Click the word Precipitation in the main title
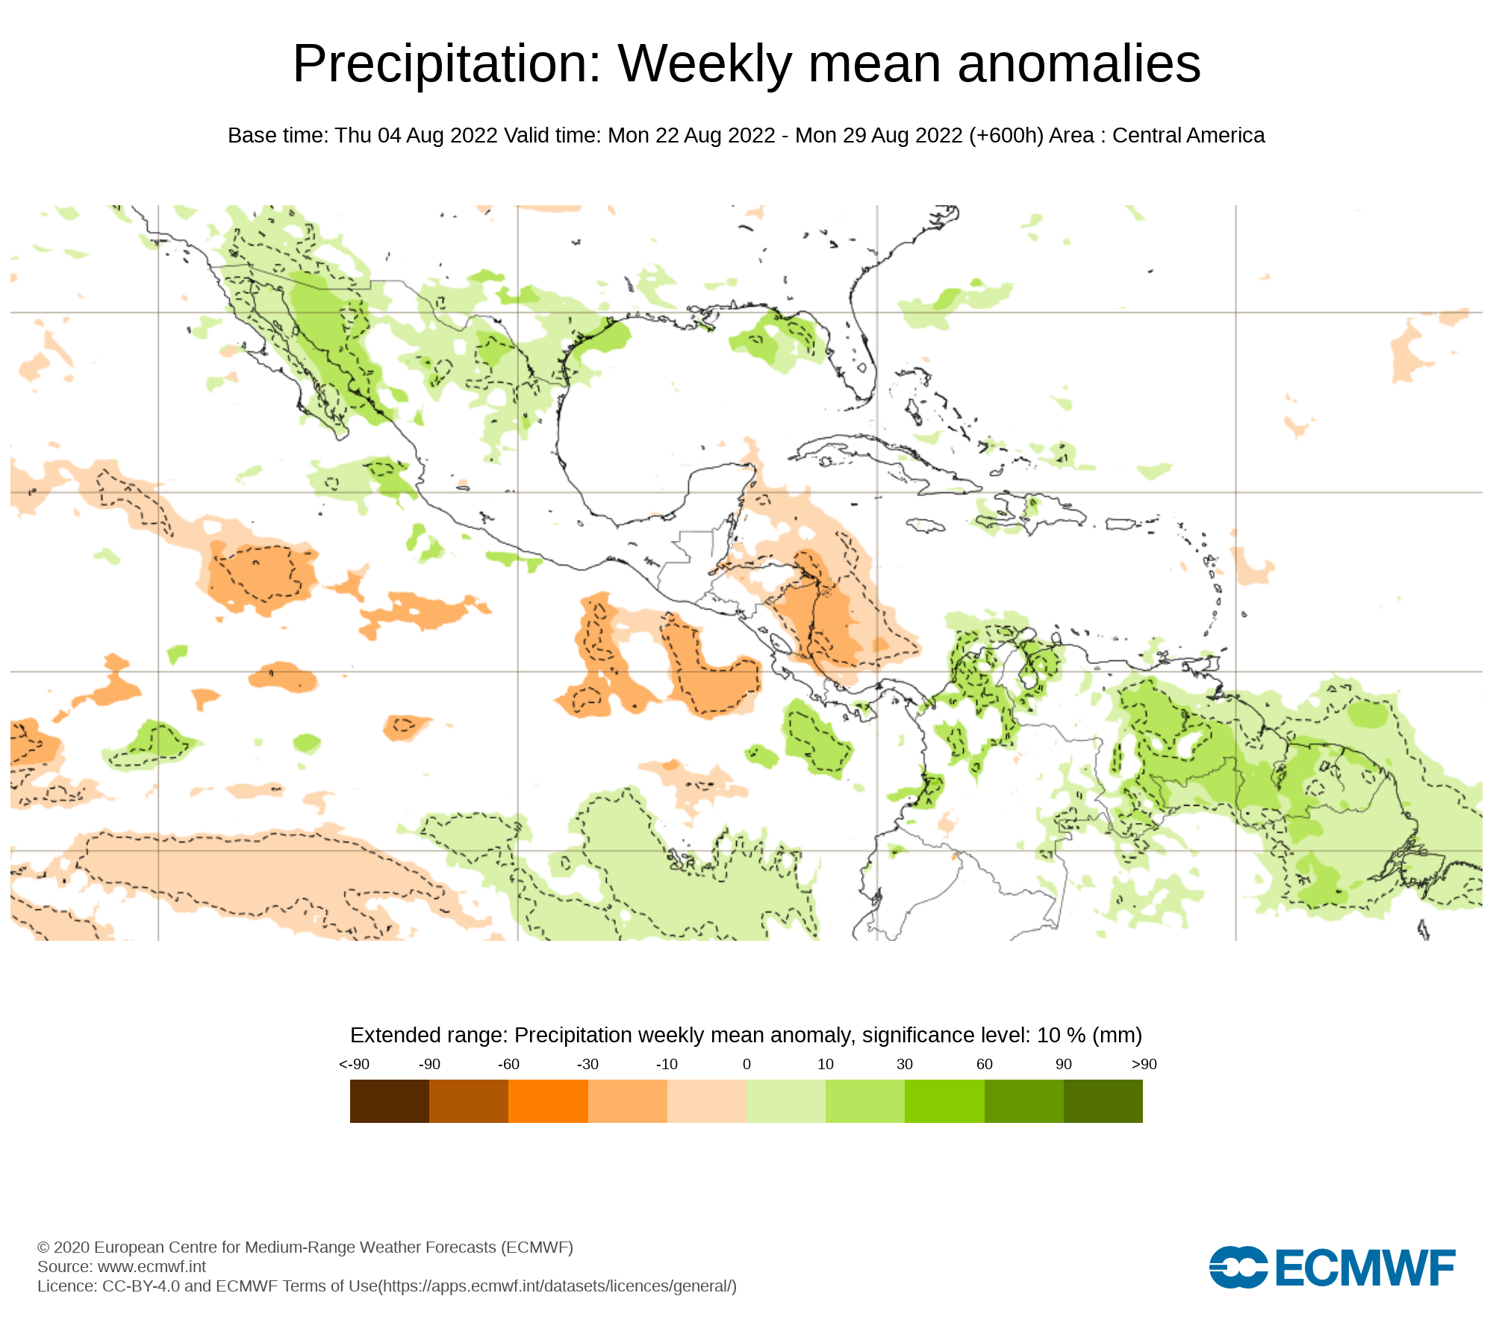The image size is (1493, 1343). click(446, 64)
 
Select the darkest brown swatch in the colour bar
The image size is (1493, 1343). click(389, 1101)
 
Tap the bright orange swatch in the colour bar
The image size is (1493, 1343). click(548, 1101)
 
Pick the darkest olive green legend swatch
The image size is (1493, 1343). click(1103, 1101)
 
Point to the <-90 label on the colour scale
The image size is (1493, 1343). click(354, 1064)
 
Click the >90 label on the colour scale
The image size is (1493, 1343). click(1144, 1064)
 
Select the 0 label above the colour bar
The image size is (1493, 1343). click(746, 1064)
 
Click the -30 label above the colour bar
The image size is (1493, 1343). click(587, 1064)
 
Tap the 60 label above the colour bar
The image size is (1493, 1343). click(985, 1064)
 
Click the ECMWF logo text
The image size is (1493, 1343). click(1365, 1268)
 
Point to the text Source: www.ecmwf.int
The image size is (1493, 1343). click(122, 1266)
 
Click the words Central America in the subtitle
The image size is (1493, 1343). click(1188, 136)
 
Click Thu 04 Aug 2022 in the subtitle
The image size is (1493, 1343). click(416, 136)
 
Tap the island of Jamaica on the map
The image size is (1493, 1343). click(926, 526)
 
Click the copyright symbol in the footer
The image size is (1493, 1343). click(43, 1247)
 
